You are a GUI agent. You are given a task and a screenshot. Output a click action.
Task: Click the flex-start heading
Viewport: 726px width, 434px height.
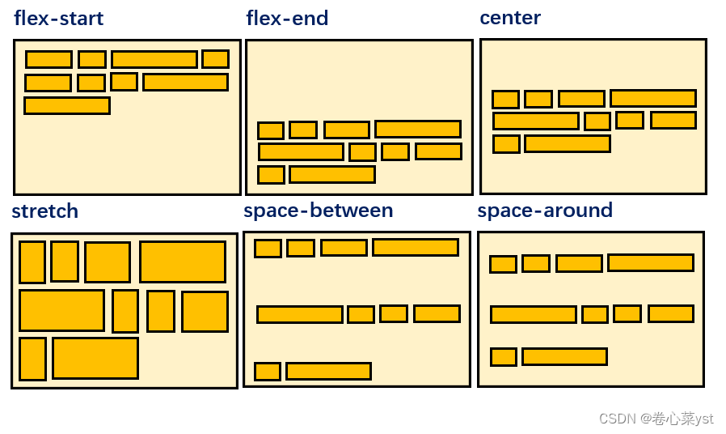[59, 18]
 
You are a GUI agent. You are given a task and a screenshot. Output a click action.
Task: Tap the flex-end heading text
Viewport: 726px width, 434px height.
[287, 18]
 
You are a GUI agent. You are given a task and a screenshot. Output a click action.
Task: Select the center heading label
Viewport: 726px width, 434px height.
[510, 17]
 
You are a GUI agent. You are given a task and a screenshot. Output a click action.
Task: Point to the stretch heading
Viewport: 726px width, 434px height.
[45, 211]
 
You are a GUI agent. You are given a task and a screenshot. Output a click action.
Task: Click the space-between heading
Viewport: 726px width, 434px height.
[318, 211]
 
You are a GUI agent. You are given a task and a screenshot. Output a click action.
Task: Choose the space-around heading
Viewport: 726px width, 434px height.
[545, 211]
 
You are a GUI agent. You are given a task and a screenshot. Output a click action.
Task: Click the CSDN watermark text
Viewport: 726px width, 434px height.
[656, 418]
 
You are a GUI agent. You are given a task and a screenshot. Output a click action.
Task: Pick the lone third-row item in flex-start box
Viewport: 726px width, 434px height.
[67, 105]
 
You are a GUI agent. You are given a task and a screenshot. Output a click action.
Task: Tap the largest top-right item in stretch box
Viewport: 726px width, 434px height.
[183, 262]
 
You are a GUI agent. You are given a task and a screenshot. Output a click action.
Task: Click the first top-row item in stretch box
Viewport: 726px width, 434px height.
[32, 262]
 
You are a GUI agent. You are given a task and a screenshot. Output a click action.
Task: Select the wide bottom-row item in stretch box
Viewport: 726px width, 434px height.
[95, 358]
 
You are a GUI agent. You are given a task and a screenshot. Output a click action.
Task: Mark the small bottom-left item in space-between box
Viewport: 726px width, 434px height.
[268, 372]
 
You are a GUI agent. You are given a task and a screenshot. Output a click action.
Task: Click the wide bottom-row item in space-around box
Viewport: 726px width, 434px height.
[564, 356]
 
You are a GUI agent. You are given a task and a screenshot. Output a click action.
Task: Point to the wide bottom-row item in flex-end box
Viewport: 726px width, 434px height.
[332, 174]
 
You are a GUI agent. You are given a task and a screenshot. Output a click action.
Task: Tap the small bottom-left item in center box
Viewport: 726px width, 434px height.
[506, 144]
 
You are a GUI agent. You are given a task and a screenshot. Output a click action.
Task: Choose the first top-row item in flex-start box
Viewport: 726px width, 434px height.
[49, 59]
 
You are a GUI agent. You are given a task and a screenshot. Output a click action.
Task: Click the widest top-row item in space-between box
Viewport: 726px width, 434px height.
[416, 247]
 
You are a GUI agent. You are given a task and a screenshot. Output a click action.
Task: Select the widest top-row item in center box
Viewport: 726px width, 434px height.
[653, 99]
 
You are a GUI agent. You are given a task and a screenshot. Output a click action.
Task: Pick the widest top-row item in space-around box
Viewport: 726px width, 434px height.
[651, 262]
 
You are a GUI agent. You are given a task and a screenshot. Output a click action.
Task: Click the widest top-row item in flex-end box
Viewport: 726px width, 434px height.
[418, 129]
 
